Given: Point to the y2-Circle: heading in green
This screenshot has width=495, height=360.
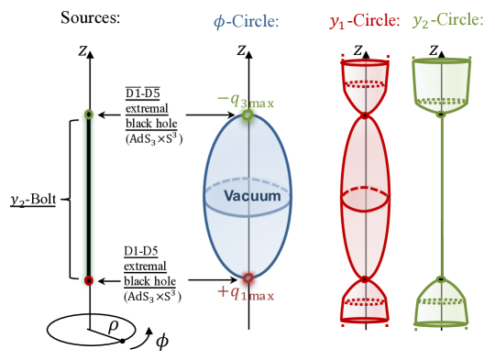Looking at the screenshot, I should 447,21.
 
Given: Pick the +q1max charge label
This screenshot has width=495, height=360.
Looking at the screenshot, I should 245,292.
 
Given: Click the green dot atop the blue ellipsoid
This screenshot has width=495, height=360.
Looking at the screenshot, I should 247,115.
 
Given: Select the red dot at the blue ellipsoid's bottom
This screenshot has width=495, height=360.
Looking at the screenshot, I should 247,278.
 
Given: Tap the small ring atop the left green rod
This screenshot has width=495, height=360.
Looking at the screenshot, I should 88,115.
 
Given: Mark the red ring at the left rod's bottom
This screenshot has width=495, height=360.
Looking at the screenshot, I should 88,280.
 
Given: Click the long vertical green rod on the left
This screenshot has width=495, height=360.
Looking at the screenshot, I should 88,197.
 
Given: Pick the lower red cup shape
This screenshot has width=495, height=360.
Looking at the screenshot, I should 365,302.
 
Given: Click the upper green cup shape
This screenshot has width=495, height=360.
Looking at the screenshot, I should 441,82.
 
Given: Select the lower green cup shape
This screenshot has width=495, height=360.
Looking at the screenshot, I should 441,302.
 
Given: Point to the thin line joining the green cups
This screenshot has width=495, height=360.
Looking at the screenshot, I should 441,197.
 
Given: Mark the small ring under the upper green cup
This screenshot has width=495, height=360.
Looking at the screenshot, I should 441,115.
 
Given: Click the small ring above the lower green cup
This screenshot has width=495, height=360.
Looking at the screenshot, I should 441,278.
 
